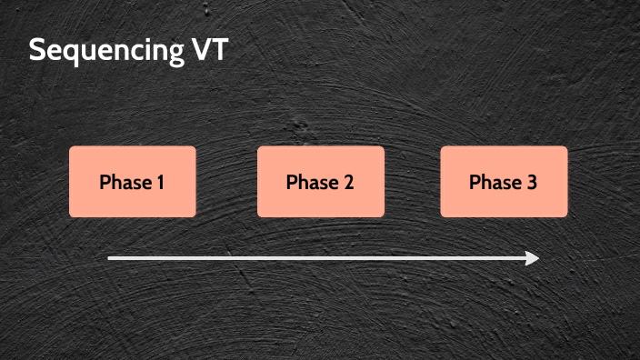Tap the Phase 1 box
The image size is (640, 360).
point(133,182)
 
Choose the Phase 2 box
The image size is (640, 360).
point(320,182)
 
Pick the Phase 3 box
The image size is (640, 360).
point(504,182)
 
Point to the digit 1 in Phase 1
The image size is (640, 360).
point(160,182)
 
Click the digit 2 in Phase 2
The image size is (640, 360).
point(348,182)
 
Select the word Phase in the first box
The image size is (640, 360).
point(125,182)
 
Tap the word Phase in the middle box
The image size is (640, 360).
point(312,182)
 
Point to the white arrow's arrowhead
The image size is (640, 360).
point(534,258)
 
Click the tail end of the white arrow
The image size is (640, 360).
point(110,258)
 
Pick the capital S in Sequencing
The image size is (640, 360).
point(37,50)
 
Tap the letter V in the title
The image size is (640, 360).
point(197,50)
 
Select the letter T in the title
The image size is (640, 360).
point(218,50)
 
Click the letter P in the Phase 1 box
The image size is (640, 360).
point(105,182)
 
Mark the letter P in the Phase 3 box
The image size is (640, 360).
point(475,182)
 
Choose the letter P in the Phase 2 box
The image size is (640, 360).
point(292,182)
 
